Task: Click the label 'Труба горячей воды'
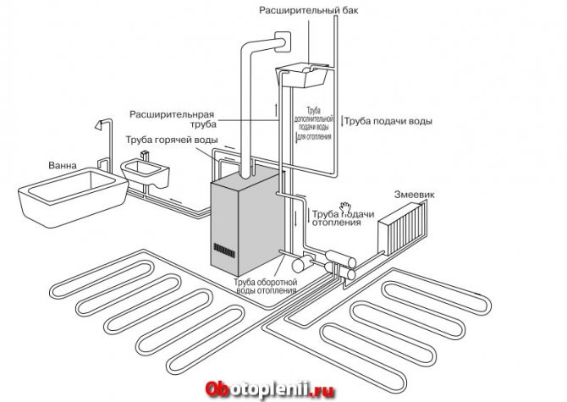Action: coord(171,140)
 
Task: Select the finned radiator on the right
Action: coord(403,228)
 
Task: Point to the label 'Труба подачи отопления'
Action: coord(341,219)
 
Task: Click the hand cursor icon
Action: coord(345,207)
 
